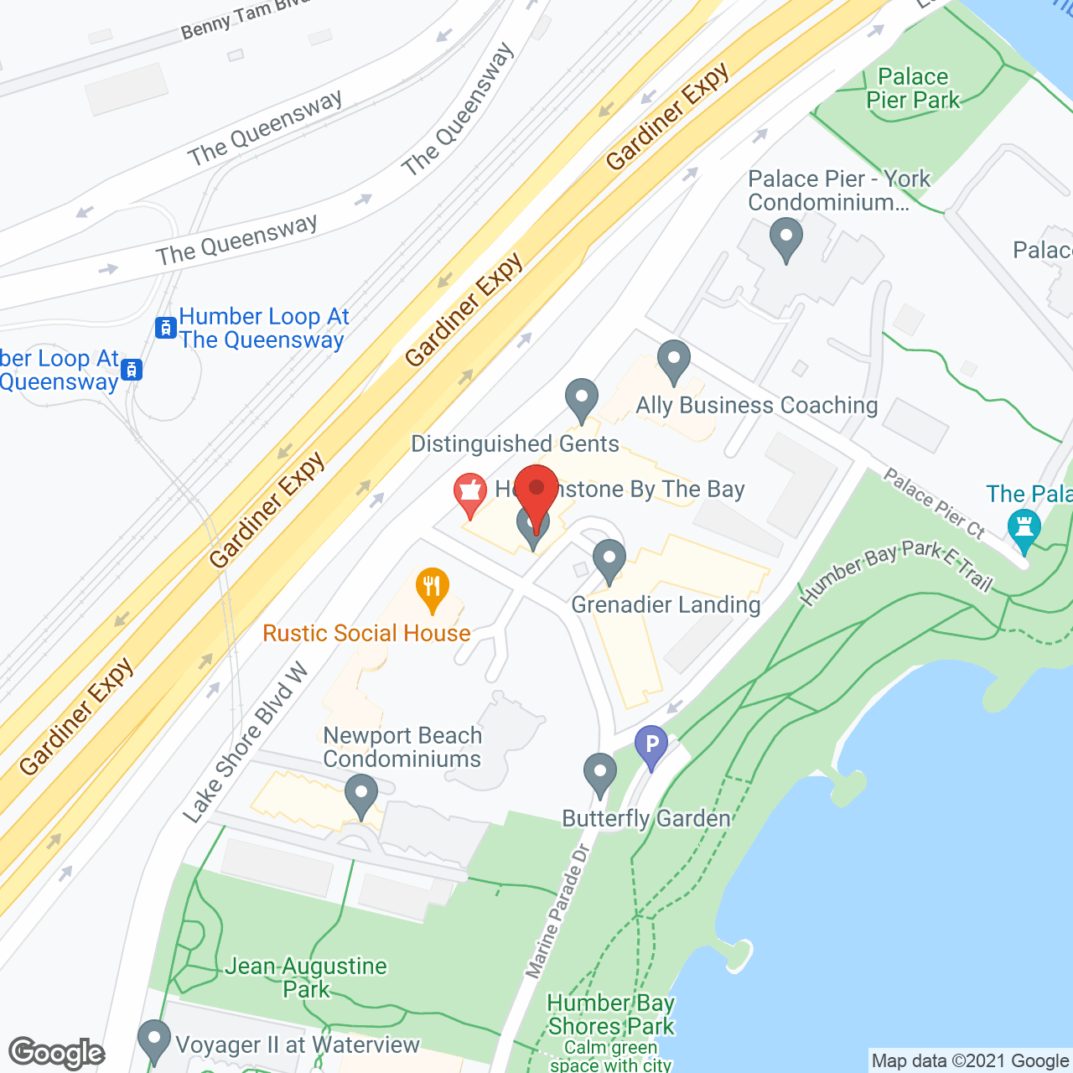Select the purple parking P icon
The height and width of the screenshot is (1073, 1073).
[651, 744]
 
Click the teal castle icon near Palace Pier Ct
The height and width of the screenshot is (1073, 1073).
[1024, 530]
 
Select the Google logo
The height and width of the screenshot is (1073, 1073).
[57, 1053]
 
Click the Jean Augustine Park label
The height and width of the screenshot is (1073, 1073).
[306, 977]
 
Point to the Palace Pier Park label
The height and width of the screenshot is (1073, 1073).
[913, 88]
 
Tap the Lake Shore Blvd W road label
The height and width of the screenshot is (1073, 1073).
[246, 743]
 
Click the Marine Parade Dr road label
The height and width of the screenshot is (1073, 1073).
[558, 912]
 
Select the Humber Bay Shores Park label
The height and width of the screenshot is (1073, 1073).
[611, 1014]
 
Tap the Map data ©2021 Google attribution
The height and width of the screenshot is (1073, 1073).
[970, 1061]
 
